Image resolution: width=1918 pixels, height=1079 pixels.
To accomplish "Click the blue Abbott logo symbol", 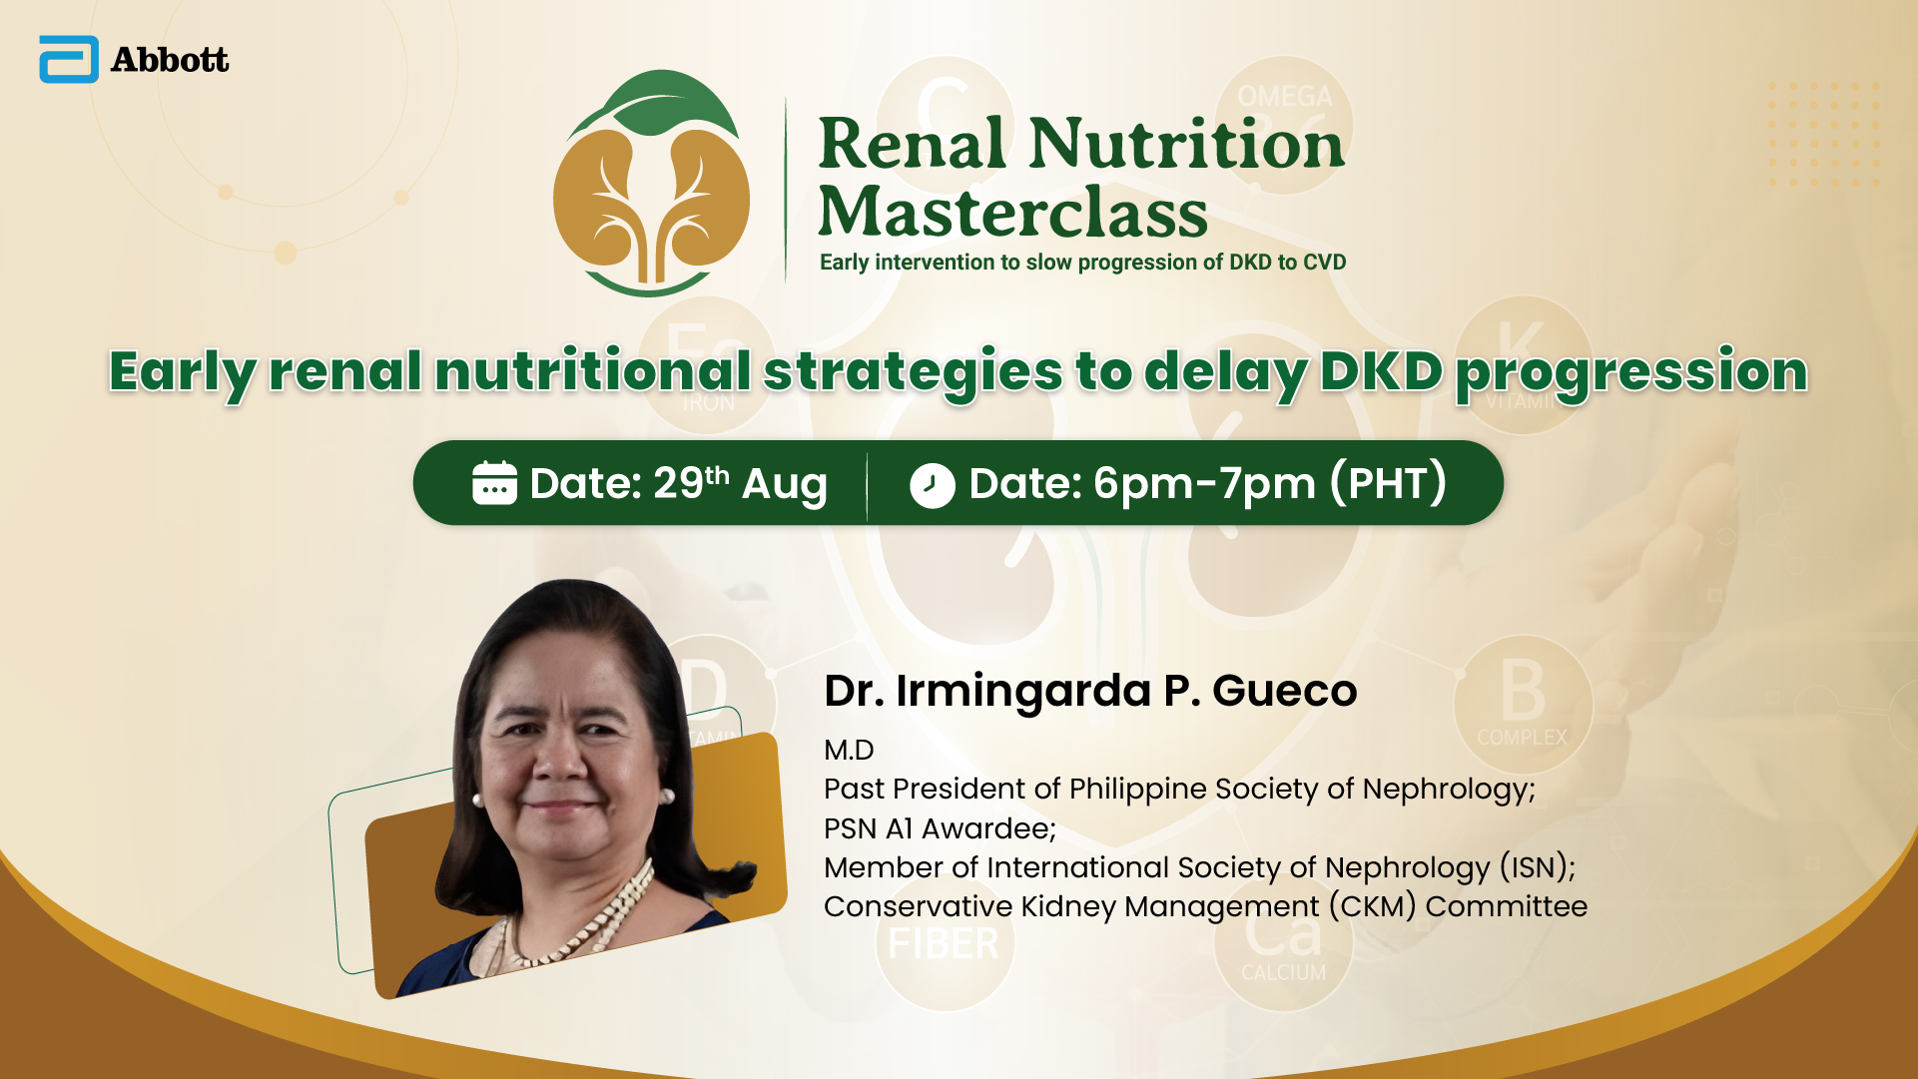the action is coord(69,59).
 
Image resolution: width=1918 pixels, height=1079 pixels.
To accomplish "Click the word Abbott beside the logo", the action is coord(170,60).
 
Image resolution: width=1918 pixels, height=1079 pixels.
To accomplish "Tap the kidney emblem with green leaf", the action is coord(652,183).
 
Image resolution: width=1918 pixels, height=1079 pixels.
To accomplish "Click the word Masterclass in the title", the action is coord(1012,212).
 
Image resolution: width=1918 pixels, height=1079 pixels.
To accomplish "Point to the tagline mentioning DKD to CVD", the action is coord(1082,262).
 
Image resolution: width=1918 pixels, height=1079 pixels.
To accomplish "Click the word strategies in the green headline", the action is coord(913,372).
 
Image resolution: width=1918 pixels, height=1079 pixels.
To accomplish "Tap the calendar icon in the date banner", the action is coord(494,483).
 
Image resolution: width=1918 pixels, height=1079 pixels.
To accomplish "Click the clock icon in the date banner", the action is coord(933,485).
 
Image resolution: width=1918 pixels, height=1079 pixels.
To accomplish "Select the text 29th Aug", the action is coord(740,483).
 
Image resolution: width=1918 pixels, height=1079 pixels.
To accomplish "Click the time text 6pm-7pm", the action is coord(1205,484).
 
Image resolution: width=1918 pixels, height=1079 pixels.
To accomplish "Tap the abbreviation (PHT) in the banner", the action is coord(1388,483).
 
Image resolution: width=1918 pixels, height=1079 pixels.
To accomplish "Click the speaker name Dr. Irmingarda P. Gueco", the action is coord(1090,691).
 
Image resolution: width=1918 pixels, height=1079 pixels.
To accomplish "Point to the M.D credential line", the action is coord(849,750).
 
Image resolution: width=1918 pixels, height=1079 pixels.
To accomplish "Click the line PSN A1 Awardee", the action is coord(940,828).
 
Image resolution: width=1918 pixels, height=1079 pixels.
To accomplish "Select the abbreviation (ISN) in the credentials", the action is coord(1538,866).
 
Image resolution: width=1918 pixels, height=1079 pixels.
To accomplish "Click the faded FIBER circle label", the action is coord(944,943).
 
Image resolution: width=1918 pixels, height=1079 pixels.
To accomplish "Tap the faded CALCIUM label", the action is coord(1284,972).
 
